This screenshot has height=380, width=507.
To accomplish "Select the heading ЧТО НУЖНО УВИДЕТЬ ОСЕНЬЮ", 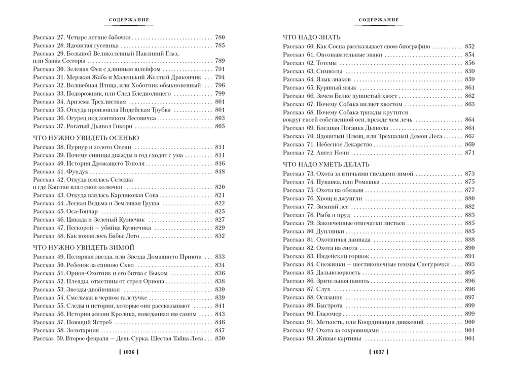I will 86,137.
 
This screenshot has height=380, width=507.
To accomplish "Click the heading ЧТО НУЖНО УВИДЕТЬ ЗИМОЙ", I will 83,248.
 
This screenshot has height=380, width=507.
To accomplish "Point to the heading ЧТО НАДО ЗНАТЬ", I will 312,37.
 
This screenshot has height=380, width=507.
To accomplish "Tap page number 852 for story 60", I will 469,46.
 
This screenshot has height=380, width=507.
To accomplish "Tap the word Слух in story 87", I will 322,288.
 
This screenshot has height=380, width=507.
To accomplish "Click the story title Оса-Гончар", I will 81,211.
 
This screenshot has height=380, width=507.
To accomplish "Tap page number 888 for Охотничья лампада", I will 469,239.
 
